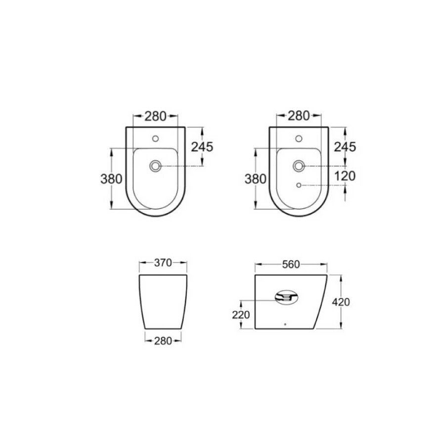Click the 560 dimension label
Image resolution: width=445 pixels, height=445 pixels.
[x=291, y=265]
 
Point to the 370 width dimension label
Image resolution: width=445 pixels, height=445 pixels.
[x=163, y=264]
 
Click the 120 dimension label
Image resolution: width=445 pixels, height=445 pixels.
[x=345, y=176]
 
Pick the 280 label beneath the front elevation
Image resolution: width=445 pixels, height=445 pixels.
[x=163, y=341]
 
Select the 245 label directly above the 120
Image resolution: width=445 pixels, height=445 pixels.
[x=345, y=146]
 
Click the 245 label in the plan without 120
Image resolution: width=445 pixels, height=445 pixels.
[x=202, y=146]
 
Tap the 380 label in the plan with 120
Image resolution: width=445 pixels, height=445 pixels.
[x=255, y=179]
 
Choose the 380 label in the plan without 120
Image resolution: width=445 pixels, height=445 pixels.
[x=111, y=179]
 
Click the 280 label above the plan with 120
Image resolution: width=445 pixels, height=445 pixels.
[x=299, y=116]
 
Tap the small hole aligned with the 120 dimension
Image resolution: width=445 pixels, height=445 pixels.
[x=299, y=185]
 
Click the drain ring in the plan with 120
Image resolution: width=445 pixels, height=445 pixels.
[x=299, y=166]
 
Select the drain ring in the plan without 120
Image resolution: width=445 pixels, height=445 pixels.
[x=155, y=166]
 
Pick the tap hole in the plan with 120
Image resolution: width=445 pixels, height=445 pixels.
[x=299, y=138]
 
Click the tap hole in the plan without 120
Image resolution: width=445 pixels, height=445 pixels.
[x=155, y=138]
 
